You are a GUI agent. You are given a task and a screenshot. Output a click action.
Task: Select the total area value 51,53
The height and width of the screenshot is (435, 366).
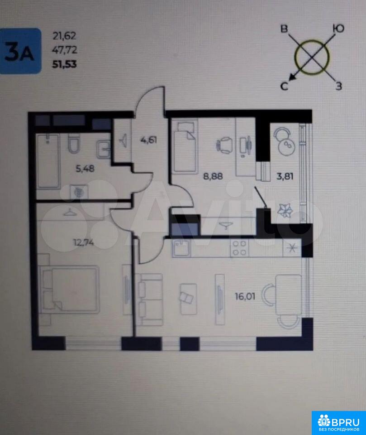[x=65, y=64]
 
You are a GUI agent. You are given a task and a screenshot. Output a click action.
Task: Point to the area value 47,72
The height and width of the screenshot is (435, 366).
[x=65, y=50]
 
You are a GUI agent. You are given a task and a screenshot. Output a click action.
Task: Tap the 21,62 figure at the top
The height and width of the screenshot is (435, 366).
[x=64, y=36]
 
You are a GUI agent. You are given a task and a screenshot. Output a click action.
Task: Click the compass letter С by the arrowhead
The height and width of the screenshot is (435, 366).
[x=284, y=86]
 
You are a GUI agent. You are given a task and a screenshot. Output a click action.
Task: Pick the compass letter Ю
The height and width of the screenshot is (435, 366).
[x=338, y=28]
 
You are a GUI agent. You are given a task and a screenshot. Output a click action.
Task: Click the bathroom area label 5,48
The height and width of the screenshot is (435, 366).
[x=85, y=169]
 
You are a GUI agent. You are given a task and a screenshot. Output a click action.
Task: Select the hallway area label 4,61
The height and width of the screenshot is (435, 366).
[x=149, y=140]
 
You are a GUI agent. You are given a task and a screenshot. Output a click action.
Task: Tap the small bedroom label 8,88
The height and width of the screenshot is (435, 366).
[x=213, y=176]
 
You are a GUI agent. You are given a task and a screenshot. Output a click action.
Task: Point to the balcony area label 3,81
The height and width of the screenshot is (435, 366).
[x=285, y=176]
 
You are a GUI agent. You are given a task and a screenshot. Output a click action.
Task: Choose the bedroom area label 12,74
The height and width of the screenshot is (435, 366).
[x=83, y=243]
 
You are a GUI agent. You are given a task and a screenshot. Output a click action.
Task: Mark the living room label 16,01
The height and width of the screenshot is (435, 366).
[x=245, y=296]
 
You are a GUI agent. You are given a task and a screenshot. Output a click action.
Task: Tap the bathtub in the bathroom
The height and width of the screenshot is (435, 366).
[x=48, y=161]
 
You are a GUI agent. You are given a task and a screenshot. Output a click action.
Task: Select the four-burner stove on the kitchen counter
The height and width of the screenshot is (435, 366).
[x=239, y=248]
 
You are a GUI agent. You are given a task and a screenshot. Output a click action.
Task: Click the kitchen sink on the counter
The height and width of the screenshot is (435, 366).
[x=181, y=248]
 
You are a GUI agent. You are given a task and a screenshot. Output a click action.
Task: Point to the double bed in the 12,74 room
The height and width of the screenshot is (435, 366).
[x=69, y=290]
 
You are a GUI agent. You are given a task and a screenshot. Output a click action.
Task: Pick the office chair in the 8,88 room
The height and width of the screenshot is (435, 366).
[x=224, y=145]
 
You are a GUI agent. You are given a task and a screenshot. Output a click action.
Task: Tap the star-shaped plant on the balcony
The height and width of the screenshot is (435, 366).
[x=285, y=211]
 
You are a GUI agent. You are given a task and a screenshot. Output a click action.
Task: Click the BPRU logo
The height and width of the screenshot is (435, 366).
[x=339, y=423]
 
